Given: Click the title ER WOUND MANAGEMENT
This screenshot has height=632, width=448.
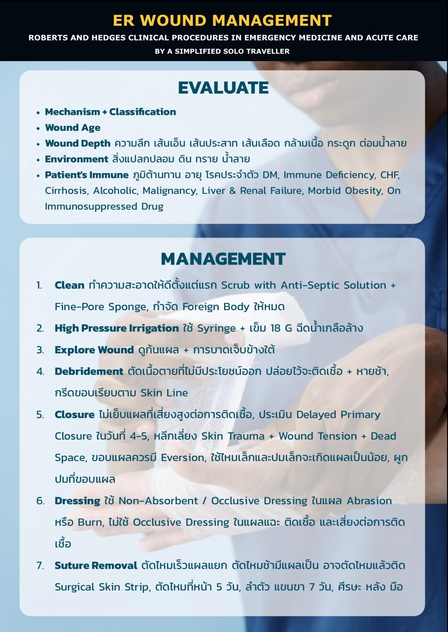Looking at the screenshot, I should (x=222, y=21).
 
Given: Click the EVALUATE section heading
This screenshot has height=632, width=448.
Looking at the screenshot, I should (x=223, y=88).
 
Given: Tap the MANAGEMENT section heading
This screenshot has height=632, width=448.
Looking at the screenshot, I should (x=223, y=259).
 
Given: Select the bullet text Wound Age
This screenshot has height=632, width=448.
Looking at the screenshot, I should (x=73, y=128).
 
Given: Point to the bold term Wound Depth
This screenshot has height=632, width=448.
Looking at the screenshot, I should (x=77, y=143).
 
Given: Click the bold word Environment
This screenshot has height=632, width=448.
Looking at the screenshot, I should (x=77, y=159).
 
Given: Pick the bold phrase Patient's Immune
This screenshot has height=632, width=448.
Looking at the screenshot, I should (x=87, y=175).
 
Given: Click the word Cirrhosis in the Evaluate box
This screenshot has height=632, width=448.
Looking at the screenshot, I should (x=66, y=190).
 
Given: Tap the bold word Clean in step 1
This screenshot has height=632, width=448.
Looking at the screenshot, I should (x=69, y=285).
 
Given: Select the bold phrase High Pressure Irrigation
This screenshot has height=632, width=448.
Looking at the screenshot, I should (x=116, y=328).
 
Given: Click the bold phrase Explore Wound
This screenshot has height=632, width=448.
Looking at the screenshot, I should (x=94, y=350).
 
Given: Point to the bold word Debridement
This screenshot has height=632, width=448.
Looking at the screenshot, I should (x=89, y=371).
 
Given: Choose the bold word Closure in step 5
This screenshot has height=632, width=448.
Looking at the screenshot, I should (x=74, y=414).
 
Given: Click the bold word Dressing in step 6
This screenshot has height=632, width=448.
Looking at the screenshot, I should (x=77, y=501).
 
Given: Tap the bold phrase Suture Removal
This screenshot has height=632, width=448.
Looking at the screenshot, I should (x=96, y=565).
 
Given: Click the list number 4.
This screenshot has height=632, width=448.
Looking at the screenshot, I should (x=40, y=371).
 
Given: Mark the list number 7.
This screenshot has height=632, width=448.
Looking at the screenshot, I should (x=40, y=565).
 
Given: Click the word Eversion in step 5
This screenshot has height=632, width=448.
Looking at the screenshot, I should (x=182, y=457).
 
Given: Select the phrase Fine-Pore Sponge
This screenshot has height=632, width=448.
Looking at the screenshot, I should (x=101, y=307).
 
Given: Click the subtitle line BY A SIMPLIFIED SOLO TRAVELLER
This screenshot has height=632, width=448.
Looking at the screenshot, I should (x=222, y=51).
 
